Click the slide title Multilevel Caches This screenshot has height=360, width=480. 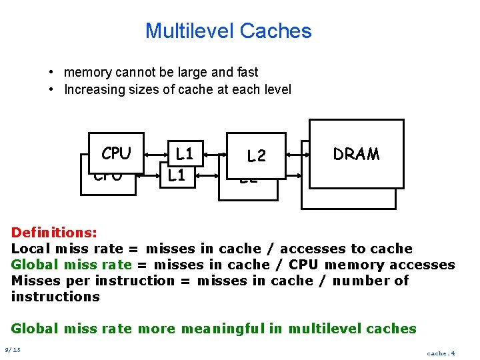[228, 31]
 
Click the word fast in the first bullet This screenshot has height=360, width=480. [245, 72]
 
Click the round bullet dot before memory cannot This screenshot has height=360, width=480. [51, 72]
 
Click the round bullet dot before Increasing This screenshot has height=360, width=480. [51, 89]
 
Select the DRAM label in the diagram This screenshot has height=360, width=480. [356, 154]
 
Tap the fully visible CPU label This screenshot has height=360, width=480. [116, 153]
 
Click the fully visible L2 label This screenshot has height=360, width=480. [257, 156]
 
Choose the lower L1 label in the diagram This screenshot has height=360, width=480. [176, 176]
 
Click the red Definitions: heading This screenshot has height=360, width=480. [54, 233]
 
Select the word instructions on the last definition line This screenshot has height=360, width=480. [55, 297]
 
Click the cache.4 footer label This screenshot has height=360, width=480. [441, 353]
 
